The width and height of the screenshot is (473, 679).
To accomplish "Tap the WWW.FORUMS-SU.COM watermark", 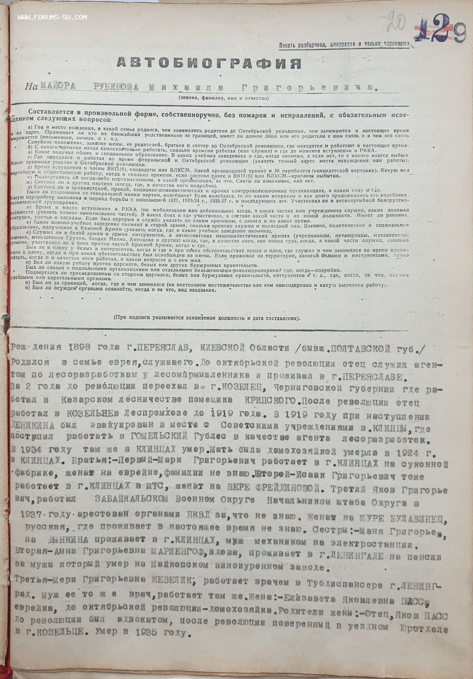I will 52,18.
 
